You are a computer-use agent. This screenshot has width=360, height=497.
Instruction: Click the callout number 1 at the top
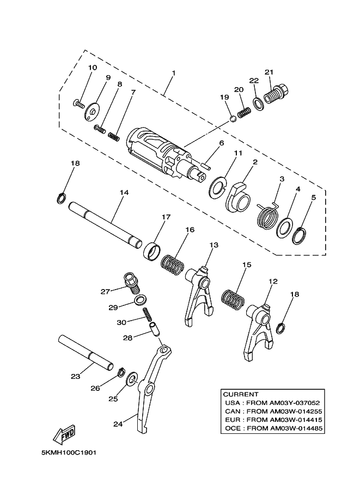tap(173, 73)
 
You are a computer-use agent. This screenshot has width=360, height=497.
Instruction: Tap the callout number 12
tap(273, 281)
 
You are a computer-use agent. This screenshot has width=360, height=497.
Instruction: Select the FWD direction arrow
tap(64, 435)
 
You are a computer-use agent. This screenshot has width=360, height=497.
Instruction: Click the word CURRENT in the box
tap(241, 394)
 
